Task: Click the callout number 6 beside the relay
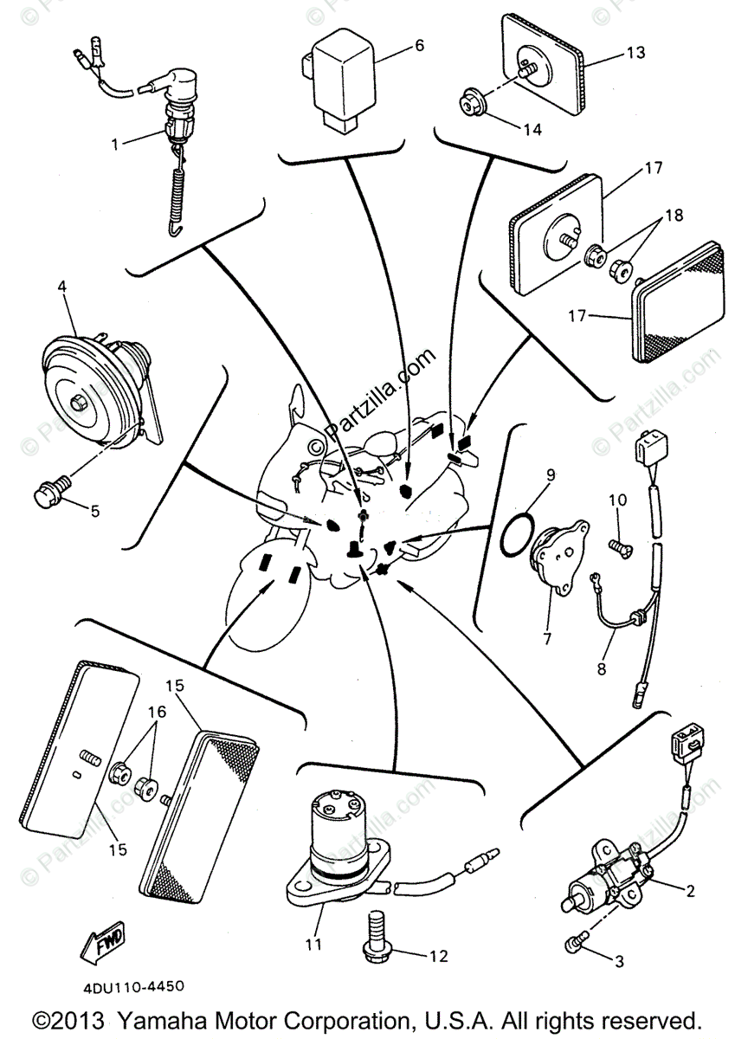[x=419, y=45]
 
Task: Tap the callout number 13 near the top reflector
[x=635, y=53]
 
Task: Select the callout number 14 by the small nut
[x=532, y=129]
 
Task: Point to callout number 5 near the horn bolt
[x=94, y=511]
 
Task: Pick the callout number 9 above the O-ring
[x=550, y=474]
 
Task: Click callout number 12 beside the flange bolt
[x=438, y=956]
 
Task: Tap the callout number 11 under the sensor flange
[x=313, y=944]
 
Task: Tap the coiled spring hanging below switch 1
[x=178, y=195]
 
